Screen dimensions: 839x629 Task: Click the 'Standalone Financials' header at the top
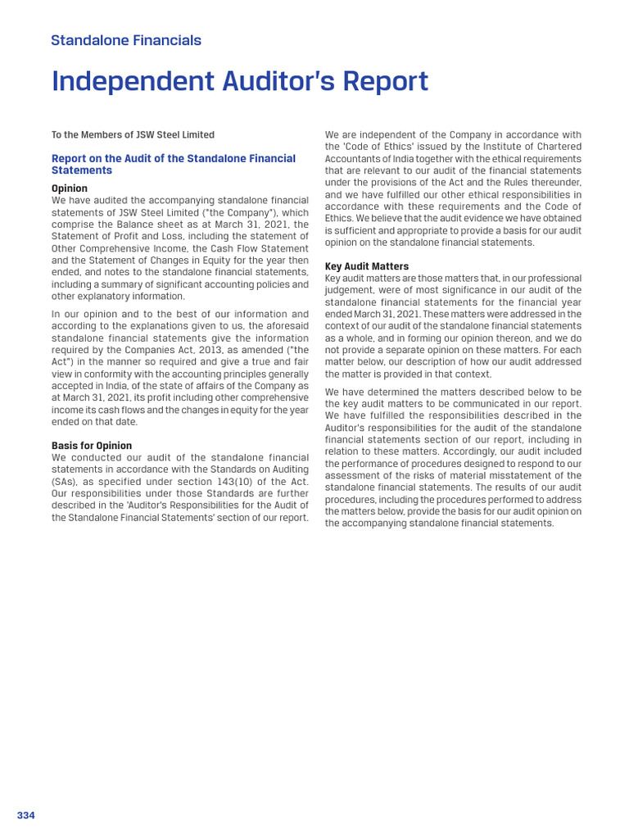pos(126,40)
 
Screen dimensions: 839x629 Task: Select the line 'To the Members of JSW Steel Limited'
pos(133,135)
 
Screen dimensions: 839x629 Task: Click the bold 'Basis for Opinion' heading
pos(92,446)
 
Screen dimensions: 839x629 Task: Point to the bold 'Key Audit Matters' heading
pos(367,266)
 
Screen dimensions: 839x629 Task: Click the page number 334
pos(26,815)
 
